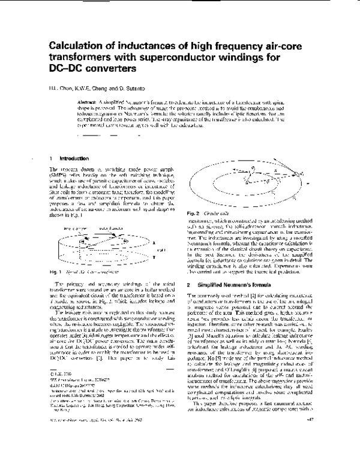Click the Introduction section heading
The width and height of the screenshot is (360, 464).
pos(74,158)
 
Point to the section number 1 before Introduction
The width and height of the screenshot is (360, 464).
pos(50,158)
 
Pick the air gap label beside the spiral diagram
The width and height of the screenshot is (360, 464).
pos(173,245)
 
